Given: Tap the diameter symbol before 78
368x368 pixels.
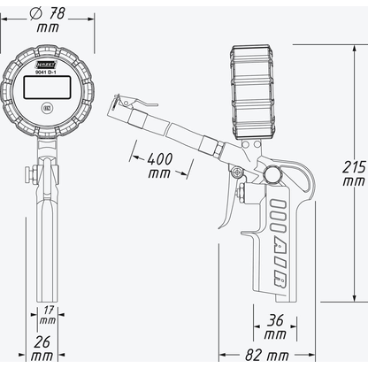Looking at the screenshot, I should (x=35, y=15).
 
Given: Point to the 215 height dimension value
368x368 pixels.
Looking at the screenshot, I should (x=353, y=165).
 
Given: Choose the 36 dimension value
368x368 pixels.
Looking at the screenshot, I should (x=274, y=321).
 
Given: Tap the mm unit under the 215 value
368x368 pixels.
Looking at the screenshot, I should (x=353, y=180).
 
